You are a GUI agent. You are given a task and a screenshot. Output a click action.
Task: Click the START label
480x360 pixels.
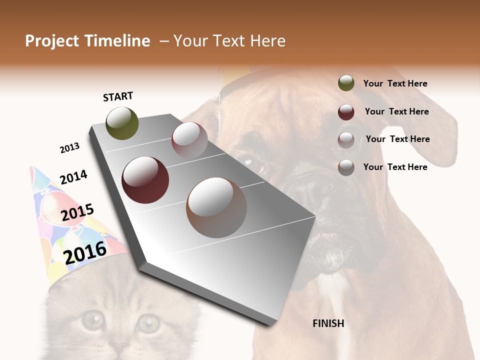point(118,96)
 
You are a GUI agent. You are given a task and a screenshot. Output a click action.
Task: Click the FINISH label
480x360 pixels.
point(328,323)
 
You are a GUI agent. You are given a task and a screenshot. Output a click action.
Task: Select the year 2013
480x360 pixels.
point(69,148)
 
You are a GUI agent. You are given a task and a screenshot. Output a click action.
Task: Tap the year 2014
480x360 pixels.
point(73,177)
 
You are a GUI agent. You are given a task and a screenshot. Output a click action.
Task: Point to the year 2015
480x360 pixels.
point(77,212)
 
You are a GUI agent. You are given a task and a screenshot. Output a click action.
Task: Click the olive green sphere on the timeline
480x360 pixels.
point(122,123)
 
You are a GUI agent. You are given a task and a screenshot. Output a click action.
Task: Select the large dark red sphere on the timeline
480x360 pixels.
point(145,180)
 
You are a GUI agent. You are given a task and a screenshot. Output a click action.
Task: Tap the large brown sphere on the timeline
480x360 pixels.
point(216,207)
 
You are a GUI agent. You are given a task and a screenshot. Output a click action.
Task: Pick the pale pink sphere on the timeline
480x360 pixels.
point(189,139)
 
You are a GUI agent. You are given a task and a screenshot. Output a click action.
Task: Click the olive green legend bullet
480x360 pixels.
point(346,83)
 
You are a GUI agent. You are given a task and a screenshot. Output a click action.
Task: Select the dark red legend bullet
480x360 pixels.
point(346,112)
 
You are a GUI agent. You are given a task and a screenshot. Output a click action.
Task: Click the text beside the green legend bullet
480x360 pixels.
point(395,83)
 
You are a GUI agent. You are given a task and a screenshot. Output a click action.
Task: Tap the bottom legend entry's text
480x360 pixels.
point(395,167)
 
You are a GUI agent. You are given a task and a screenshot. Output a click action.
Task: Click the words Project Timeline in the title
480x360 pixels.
point(87,41)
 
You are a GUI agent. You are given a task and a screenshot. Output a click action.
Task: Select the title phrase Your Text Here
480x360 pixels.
point(229,41)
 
